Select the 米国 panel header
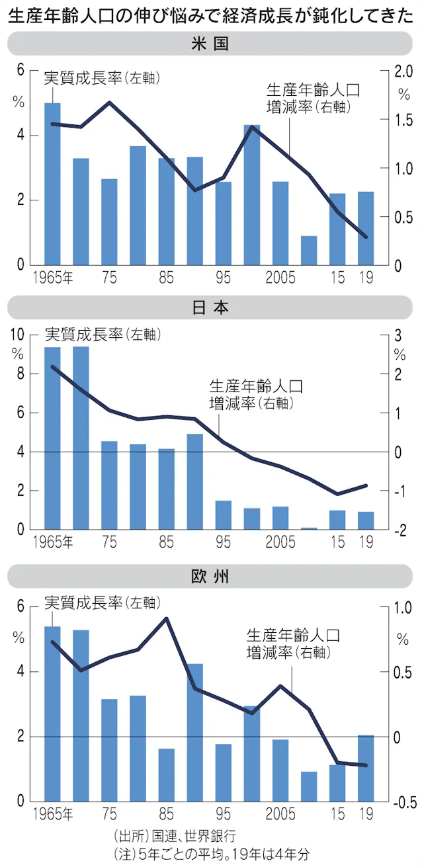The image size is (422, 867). coord(210,45)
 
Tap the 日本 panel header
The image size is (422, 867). coord(210,307)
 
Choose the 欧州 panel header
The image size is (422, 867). coord(210,576)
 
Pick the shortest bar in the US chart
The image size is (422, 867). coord(309,251)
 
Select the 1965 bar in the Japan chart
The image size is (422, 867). coord(52,438)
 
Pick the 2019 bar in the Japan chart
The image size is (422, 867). coord(366,520)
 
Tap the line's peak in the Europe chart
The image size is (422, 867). coord(167,619)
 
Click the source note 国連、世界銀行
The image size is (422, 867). coord(175,835)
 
